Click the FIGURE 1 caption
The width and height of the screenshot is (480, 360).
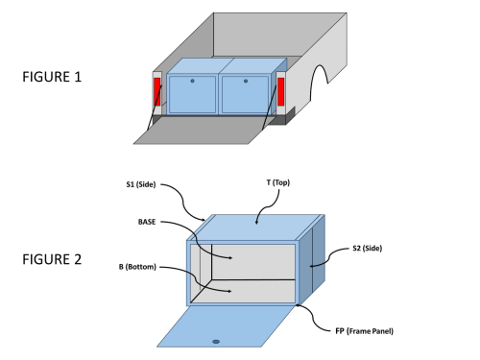click(x=52, y=77)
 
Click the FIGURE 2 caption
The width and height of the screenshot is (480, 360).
click(x=52, y=259)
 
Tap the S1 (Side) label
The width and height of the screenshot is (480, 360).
click(x=141, y=184)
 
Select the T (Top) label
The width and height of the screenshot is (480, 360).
click(x=278, y=182)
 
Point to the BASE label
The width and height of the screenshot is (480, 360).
click(x=147, y=222)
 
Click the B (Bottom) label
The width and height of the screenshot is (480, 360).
click(x=137, y=267)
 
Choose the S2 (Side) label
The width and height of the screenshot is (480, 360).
click(x=368, y=248)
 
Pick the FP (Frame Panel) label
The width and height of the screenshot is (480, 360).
click(x=364, y=331)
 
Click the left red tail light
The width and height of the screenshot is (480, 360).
click(x=157, y=91)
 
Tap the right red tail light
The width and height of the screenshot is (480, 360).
click(x=281, y=91)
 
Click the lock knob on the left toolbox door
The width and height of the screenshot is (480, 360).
click(x=192, y=81)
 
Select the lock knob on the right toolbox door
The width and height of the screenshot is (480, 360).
click(x=246, y=81)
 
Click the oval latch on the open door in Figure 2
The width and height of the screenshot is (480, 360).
click(x=216, y=342)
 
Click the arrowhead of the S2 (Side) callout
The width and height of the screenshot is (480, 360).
click(x=311, y=266)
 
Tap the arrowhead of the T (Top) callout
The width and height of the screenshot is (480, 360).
click(x=256, y=222)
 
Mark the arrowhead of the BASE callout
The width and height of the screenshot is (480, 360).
click(x=230, y=257)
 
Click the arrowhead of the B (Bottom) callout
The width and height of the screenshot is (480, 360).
click(x=229, y=291)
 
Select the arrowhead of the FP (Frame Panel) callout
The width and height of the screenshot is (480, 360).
click(x=298, y=305)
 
